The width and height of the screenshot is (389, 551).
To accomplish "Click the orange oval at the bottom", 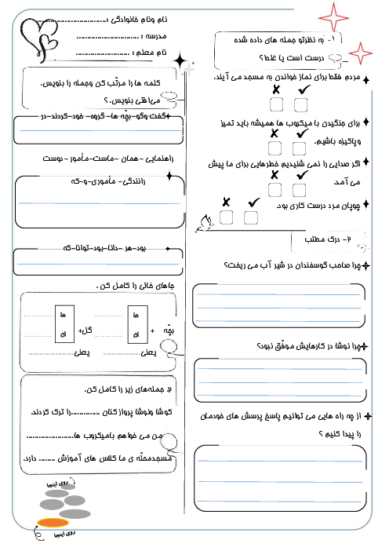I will tap(53, 523).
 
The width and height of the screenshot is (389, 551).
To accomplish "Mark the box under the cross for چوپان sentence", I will tap(227, 217).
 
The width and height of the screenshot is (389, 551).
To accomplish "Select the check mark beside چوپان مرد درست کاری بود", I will tap(253, 202).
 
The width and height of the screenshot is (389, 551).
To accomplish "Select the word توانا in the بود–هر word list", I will tap(85, 249).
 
